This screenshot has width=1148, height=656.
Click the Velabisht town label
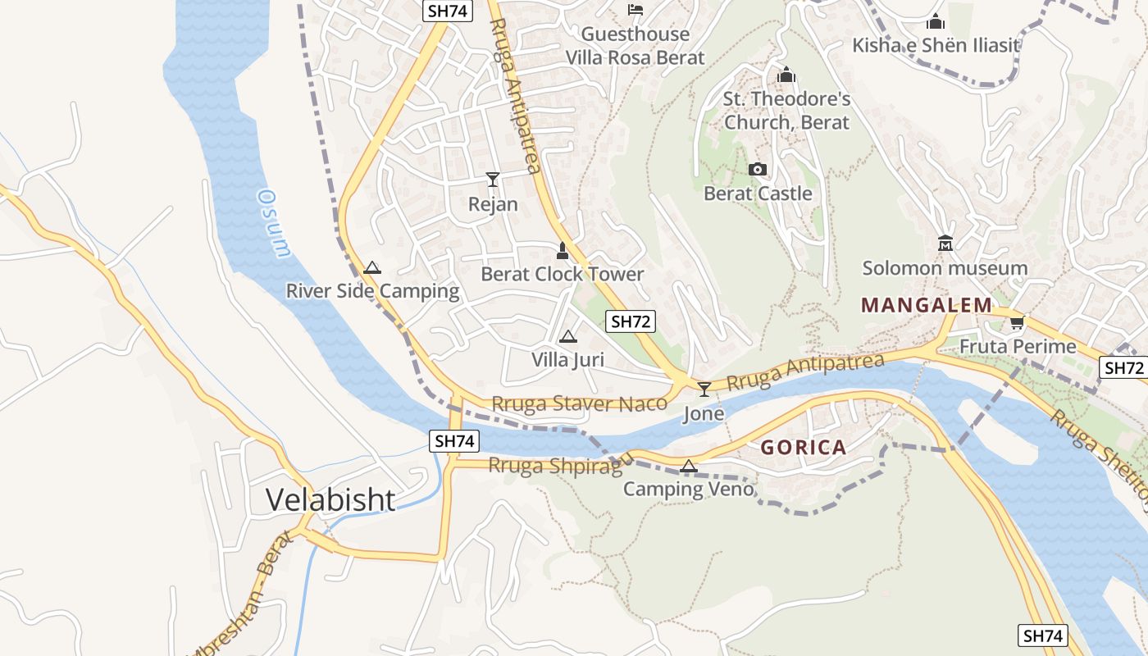coord(330,499)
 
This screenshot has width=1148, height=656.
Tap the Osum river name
coord(274,223)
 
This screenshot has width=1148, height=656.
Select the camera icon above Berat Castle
coord(758,170)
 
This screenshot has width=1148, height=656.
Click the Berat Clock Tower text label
coord(562,274)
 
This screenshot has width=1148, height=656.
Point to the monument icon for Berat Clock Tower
coord(563,250)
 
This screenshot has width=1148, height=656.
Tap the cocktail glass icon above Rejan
coord(492,180)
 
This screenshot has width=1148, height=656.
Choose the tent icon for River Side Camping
coord(372,267)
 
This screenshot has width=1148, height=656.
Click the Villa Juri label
coord(567,359)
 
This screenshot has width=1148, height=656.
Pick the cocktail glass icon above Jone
coord(704,389)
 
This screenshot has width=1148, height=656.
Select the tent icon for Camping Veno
coord(689,467)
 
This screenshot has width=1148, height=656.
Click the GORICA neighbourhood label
coord(803,448)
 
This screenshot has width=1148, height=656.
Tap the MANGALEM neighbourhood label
coord(927,306)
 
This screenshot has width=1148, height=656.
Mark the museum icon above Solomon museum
coord(945,244)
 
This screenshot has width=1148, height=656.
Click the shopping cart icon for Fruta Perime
coord(1018,322)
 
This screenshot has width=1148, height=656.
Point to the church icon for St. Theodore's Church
coord(786,75)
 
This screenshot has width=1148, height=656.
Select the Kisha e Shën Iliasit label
coord(936,45)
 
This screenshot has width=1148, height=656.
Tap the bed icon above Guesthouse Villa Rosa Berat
coord(635,10)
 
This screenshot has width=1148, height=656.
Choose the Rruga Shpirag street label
coord(555,465)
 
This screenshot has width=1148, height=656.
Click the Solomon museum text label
coord(945,268)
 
